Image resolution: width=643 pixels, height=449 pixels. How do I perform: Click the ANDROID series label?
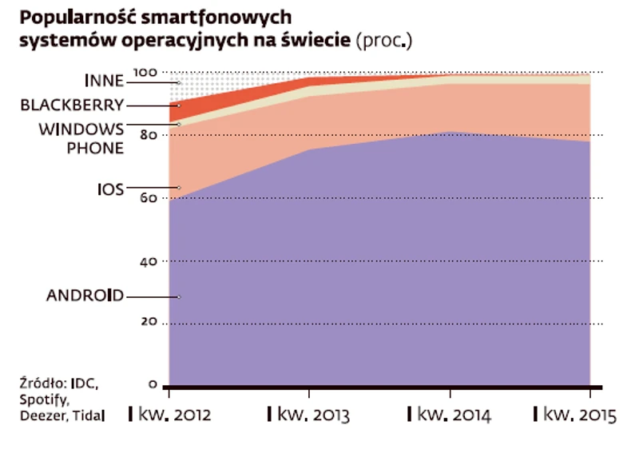click(85, 296)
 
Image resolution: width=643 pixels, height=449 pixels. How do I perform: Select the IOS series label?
click(110, 189)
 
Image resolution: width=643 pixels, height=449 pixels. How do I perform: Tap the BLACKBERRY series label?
click(72, 105)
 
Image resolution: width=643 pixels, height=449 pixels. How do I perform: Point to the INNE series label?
click(104, 81)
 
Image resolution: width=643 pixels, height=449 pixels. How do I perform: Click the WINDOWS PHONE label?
click(83, 138)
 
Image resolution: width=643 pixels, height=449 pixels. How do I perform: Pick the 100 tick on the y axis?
click(145, 73)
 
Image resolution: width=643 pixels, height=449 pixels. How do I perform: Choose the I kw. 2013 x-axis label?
click(308, 415)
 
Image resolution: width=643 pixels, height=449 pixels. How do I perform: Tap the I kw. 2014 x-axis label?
click(449, 415)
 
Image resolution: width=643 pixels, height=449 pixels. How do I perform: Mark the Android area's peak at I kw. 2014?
click(450, 132)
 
